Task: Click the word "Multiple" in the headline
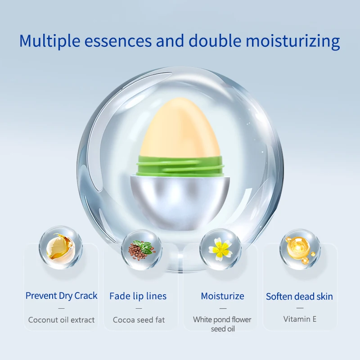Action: click(49, 41)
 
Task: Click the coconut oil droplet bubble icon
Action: click(61, 247)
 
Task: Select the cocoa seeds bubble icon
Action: click(142, 249)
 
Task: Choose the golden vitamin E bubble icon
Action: click(300, 249)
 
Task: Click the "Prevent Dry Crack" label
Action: click(61, 296)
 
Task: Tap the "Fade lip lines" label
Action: click(138, 296)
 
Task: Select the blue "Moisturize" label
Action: click(222, 296)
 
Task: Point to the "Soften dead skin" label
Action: click(299, 297)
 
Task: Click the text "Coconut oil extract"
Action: click(61, 320)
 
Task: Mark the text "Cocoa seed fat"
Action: click(139, 320)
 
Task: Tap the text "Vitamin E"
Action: click(300, 319)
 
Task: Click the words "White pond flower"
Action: click(222, 319)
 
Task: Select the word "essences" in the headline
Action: click(118, 41)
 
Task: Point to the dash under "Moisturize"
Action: click(223, 308)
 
